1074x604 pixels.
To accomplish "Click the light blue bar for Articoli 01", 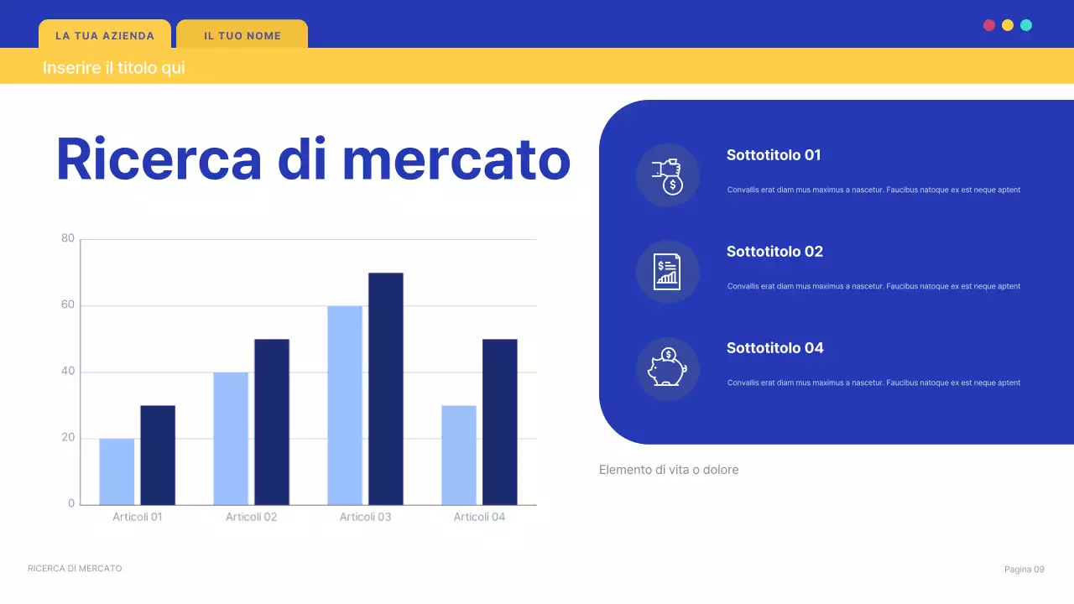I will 117,471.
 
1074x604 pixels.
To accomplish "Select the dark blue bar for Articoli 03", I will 385,388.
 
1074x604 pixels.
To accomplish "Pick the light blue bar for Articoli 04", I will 459,455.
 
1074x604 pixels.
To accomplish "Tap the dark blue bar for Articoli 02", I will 272,421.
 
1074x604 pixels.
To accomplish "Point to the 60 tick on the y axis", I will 68,305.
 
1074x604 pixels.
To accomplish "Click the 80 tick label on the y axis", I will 68,239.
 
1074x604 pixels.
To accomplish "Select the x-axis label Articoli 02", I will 251,517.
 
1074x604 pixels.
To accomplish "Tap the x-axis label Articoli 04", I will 479,517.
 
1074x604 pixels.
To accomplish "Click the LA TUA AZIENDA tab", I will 105,36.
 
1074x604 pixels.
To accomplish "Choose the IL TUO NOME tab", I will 242,36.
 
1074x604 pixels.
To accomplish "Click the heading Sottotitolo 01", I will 774,155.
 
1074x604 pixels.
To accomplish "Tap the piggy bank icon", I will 667,368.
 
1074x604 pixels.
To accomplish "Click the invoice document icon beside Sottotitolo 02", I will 667,272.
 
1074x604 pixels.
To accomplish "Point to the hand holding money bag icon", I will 668,175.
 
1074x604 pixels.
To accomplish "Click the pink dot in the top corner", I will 989,25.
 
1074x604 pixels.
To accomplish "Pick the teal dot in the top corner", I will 1026,25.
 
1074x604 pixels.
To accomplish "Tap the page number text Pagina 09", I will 1024,570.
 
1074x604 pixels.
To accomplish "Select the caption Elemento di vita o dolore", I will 669,470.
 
